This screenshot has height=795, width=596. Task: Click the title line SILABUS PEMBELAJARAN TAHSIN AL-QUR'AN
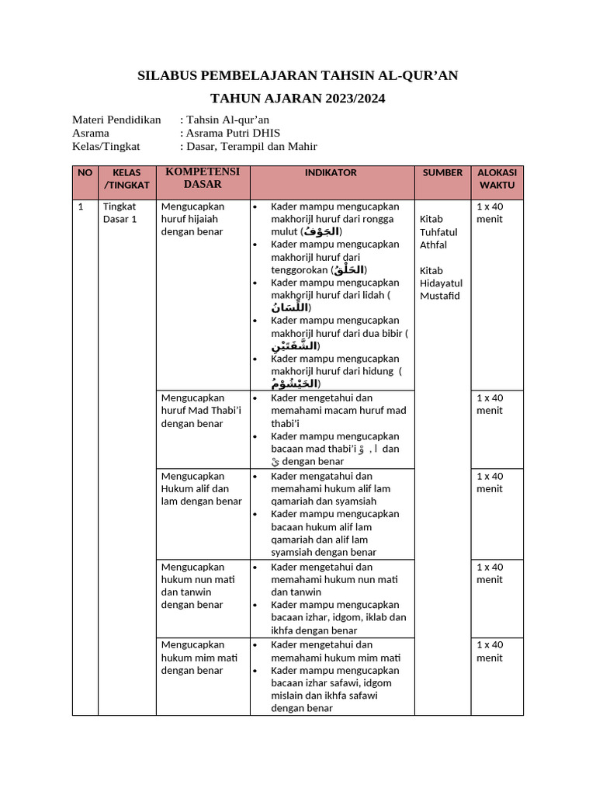[x=297, y=75]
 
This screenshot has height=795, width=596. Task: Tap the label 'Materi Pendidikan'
[x=116, y=120]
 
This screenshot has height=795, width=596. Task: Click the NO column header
[x=85, y=172]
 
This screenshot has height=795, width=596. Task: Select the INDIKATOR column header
[x=331, y=172]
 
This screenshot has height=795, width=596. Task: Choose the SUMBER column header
[x=442, y=172]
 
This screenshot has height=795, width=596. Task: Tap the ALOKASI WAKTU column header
[x=497, y=179]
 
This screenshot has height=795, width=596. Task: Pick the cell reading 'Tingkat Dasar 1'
[x=120, y=213]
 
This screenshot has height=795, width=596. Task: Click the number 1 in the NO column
[x=81, y=207]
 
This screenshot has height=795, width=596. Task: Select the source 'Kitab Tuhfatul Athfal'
[x=438, y=232]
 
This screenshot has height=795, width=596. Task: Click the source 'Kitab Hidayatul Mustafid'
[x=440, y=283]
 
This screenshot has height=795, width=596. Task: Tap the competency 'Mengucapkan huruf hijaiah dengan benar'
[x=192, y=219]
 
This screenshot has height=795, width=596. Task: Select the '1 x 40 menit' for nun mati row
[x=490, y=573]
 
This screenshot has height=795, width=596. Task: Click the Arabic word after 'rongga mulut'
[x=321, y=231]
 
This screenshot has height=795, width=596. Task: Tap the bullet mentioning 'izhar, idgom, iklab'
[x=338, y=617]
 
